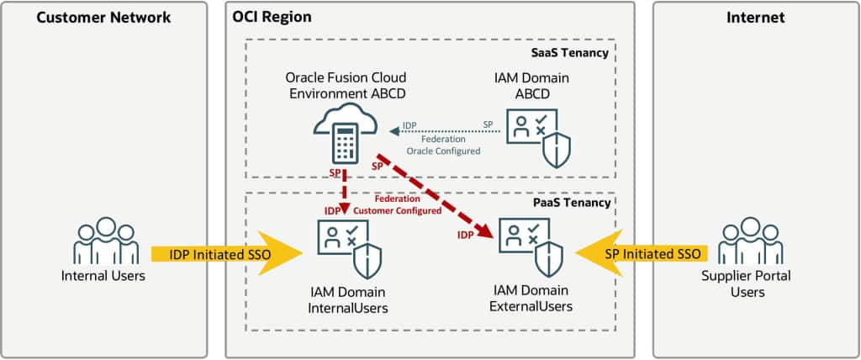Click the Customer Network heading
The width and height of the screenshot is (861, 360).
tap(103, 17)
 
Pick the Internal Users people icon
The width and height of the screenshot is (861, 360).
tap(105, 241)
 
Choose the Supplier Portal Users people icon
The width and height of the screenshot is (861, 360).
tap(753, 242)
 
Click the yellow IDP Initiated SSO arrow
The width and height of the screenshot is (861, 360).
tap(227, 253)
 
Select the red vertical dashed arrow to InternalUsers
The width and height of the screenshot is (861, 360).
tap(345, 191)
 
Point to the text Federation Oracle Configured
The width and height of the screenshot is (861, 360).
tap(443, 146)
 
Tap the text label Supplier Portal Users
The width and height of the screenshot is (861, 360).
tap(753, 284)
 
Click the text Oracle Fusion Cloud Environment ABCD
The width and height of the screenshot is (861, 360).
tap(345, 85)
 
